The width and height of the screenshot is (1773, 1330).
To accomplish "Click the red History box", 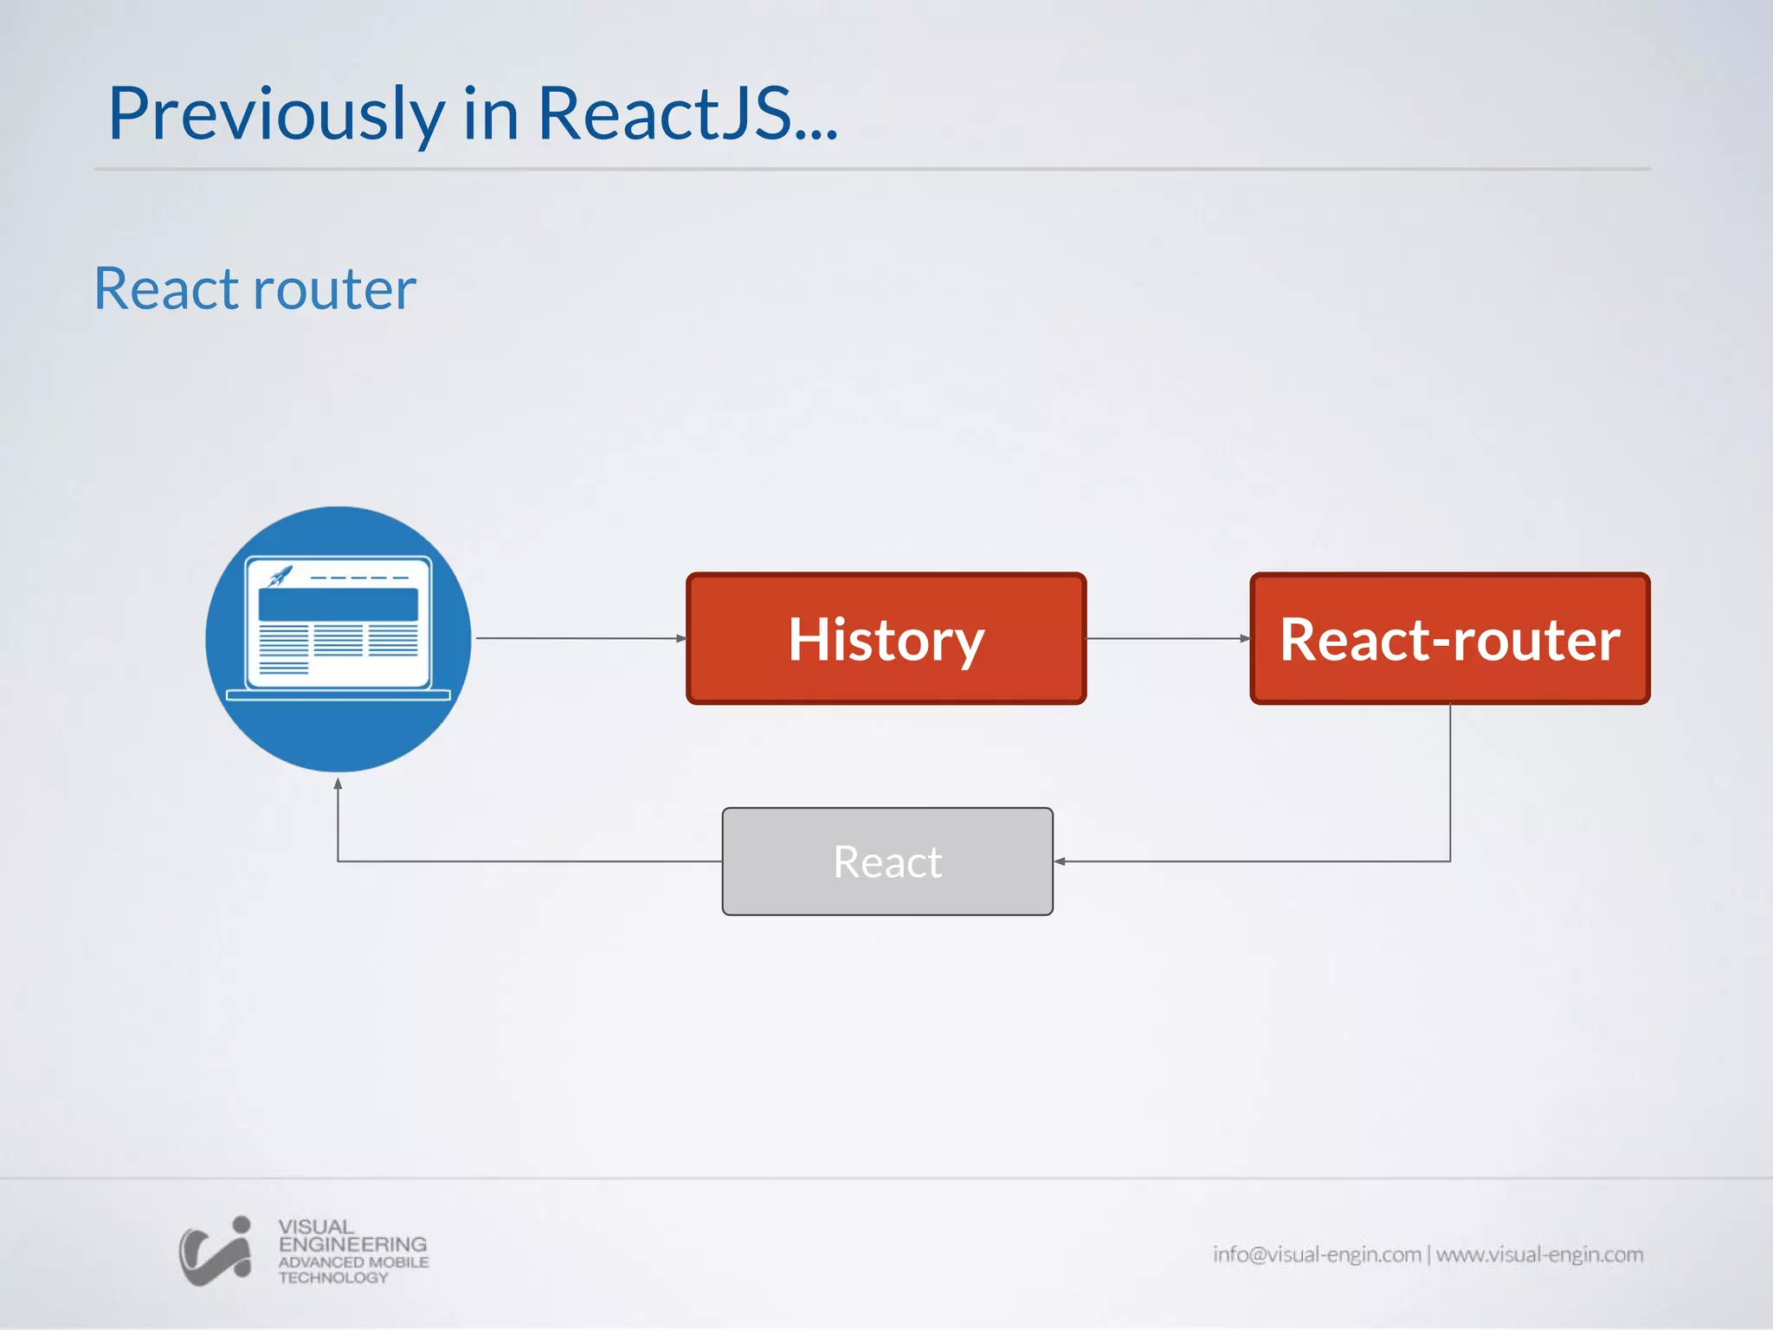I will pyautogui.click(x=886, y=638).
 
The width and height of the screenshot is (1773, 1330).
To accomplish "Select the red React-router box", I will pyautogui.click(x=1449, y=638).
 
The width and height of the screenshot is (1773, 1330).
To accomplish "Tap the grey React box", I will pyautogui.click(x=887, y=862).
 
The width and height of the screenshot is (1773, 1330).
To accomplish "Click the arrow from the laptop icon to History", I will pyautogui.click(x=580, y=638).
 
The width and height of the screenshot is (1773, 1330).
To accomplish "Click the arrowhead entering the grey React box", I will pyautogui.click(x=1060, y=862).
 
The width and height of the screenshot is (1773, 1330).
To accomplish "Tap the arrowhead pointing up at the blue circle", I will pyautogui.click(x=338, y=784).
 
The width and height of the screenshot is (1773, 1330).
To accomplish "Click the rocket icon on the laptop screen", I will pyautogui.click(x=280, y=576).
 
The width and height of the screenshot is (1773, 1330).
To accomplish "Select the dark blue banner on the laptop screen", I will pyautogui.click(x=338, y=604).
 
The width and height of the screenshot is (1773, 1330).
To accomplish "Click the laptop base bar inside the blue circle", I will pyautogui.click(x=338, y=694).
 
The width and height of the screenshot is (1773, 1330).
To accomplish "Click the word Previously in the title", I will pyautogui.click(x=275, y=114).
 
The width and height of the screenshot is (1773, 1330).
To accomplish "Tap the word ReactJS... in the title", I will pyautogui.click(x=687, y=114).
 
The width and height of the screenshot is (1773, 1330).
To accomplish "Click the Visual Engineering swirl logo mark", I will pyautogui.click(x=215, y=1252).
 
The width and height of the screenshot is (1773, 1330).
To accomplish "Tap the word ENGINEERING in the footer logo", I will pyautogui.click(x=352, y=1244).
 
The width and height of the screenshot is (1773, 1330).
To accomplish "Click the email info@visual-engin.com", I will pyautogui.click(x=1316, y=1255).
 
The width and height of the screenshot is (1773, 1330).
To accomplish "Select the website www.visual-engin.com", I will pyautogui.click(x=1539, y=1255).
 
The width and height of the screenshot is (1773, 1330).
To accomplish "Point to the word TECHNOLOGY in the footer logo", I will pyautogui.click(x=333, y=1278).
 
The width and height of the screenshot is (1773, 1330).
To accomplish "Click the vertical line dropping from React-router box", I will pyautogui.click(x=1450, y=779).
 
